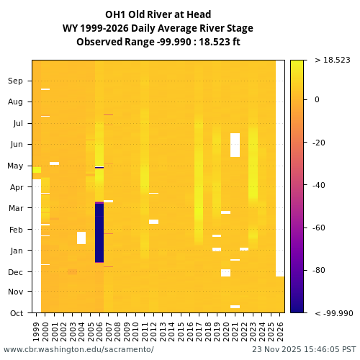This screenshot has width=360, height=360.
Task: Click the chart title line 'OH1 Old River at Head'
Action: tap(158, 14)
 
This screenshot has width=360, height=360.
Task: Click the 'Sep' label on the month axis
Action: tap(15, 81)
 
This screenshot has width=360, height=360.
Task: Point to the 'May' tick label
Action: tap(15, 166)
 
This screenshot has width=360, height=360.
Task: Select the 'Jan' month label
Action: tap(15, 251)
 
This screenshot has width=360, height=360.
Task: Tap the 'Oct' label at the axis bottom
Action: tap(15, 313)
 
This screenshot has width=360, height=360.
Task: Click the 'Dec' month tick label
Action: tap(15, 272)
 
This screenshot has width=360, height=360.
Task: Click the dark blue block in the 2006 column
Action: tap(99, 233)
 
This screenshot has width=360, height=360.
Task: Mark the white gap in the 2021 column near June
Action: tap(235, 145)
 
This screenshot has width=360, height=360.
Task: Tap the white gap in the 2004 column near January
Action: tap(81, 238)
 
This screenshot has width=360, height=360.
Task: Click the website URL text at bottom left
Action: tap(78, 349)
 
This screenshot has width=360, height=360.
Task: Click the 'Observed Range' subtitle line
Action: tap(158, 42)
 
